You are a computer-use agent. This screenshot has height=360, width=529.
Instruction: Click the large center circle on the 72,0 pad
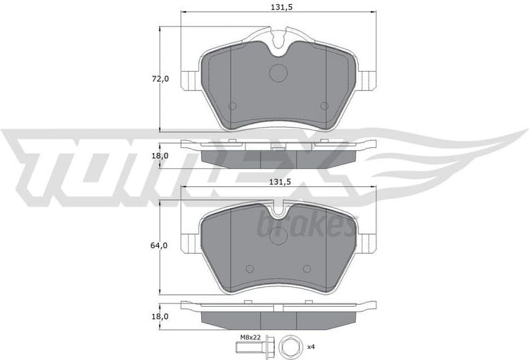tap(279, 72)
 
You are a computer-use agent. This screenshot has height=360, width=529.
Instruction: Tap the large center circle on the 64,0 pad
tap(279, 235)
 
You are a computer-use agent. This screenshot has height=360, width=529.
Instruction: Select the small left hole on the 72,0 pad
tap(232, 106)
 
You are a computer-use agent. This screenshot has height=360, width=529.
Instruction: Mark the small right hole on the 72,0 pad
tap(324, 106)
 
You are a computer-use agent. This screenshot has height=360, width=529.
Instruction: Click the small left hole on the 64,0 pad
tap(249, 268)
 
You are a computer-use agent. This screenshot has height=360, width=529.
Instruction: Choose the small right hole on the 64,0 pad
tap(307, 268)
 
